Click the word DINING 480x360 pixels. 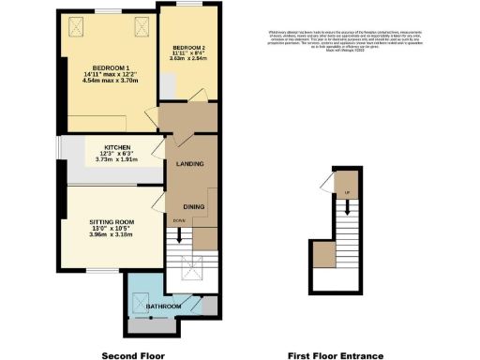pyautogui.click(x=194, y=205)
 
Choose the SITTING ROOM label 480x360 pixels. pyautogui.click(x=112, y=221)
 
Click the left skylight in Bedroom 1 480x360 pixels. pyautogui.click(x=76, y=26)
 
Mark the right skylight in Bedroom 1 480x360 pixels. pyautogui.click(x=142, y=26)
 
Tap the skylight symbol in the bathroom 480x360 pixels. pyautogui.click(x=142, y=300)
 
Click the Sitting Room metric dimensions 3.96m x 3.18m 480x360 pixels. pyautogui.click(x=112, y=234)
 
